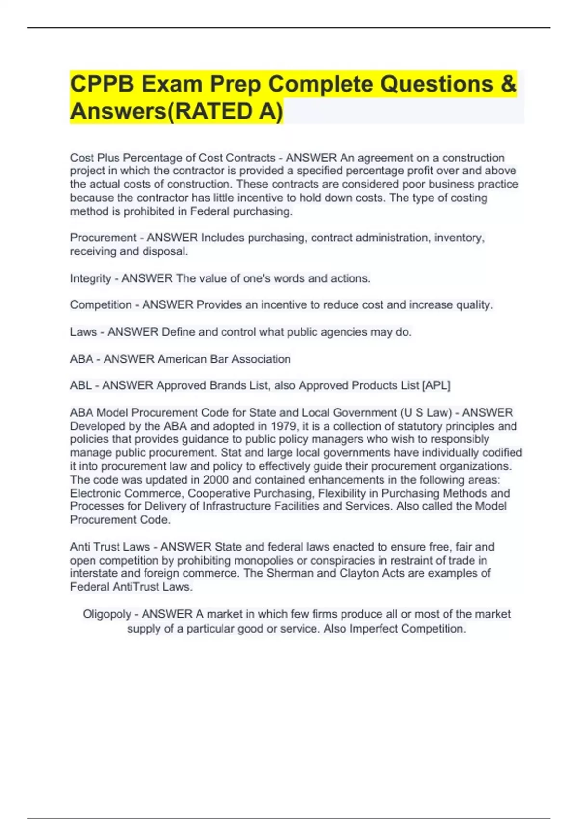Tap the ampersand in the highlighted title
(508, 84)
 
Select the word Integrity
(91, 278)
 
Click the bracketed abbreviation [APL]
(436, 385)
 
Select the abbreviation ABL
(80, 385)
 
